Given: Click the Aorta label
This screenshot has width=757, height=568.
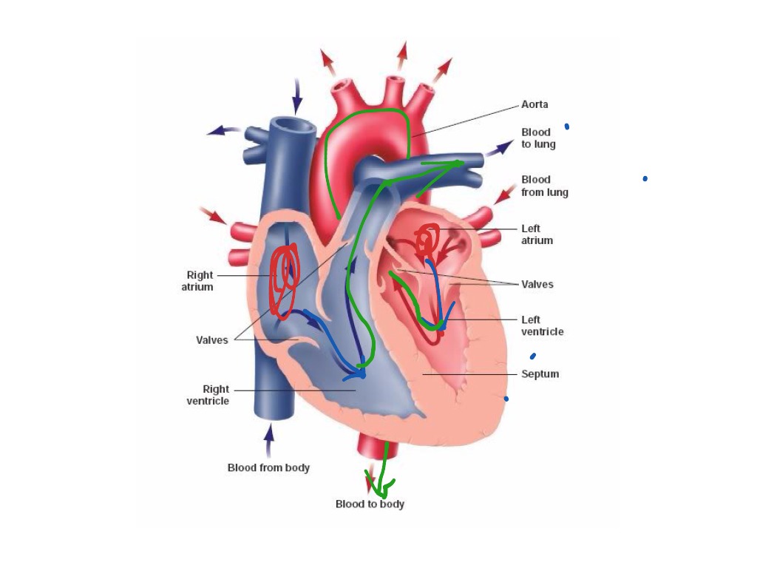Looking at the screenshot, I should tap(534, 105).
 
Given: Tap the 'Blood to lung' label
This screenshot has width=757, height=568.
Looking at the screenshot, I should tap(537, 138).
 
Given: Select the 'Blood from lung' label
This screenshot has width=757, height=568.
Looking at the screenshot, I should tap(545, 186).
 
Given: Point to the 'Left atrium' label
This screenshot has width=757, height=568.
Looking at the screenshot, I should tap(537, 234).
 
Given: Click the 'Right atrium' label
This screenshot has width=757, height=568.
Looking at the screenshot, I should tap(197, 281).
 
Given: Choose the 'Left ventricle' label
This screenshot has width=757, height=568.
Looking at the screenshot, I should tap(542, 325).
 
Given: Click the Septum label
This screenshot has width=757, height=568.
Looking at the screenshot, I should tap(540, 374).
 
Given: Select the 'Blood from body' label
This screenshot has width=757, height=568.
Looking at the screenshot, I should tap(268, 467).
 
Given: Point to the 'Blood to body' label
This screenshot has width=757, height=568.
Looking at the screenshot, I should tap(370, 504).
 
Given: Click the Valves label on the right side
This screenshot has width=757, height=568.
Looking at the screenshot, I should tap(537, 284).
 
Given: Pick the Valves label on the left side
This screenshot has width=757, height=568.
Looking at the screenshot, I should tap(212, 340).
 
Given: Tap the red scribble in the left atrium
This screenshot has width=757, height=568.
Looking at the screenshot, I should tap(426, 240).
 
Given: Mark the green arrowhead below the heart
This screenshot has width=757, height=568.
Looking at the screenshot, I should tap(383, 488).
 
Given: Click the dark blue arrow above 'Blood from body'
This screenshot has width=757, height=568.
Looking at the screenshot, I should tap(269, 439).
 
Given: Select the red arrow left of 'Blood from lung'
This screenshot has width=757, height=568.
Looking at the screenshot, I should tap(505, 195).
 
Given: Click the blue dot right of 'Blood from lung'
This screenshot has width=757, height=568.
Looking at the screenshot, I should tap(645, 178).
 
